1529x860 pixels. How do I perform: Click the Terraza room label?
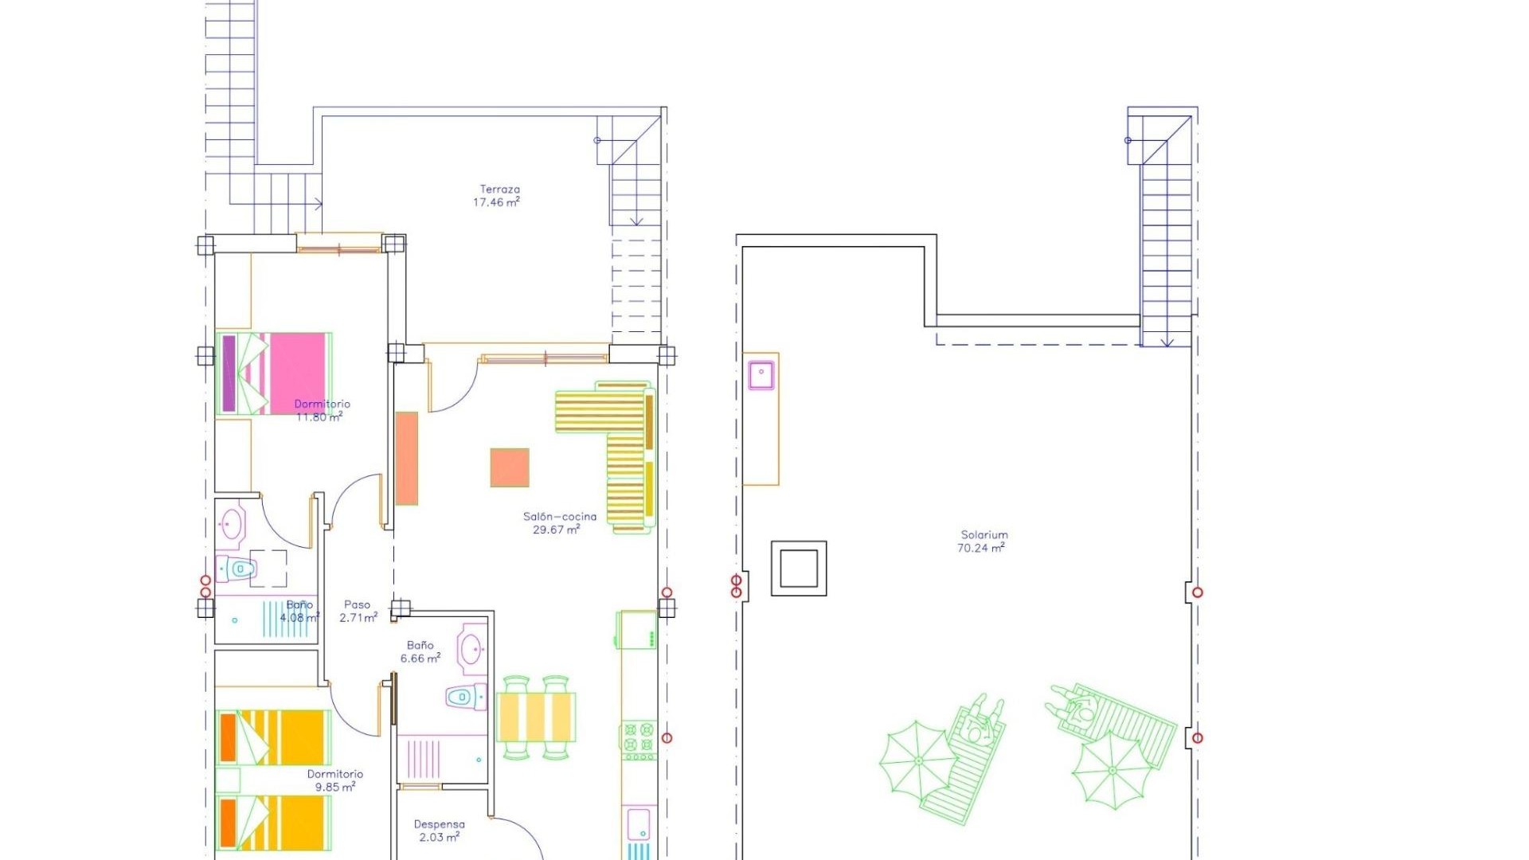pos(499,190)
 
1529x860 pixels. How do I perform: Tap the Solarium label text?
pos(984,535)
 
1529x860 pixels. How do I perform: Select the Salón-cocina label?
pos(559,517)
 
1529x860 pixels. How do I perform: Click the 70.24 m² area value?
pos(980,548)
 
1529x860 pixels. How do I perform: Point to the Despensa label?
pos(439,824)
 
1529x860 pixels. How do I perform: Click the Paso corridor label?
pos(357,605)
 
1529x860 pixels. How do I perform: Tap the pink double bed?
pos(274,373)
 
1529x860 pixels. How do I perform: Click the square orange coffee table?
pos(510,467)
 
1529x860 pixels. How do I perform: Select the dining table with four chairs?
pos(535,717)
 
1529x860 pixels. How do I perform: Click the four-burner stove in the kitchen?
pos(638,738)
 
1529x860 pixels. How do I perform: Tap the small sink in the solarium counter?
pos(761,374)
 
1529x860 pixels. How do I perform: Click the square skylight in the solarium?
pos(799,569)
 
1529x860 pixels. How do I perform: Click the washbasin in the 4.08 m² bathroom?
pos(232,524)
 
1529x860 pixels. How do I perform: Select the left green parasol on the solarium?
pos(917,761)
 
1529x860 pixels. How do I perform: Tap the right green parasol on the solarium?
pos(1110,770)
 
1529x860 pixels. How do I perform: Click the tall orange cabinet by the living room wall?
pos(407,458)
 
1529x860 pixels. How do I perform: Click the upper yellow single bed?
pos(273,737)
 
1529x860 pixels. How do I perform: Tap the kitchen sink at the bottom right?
pos(639,824)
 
